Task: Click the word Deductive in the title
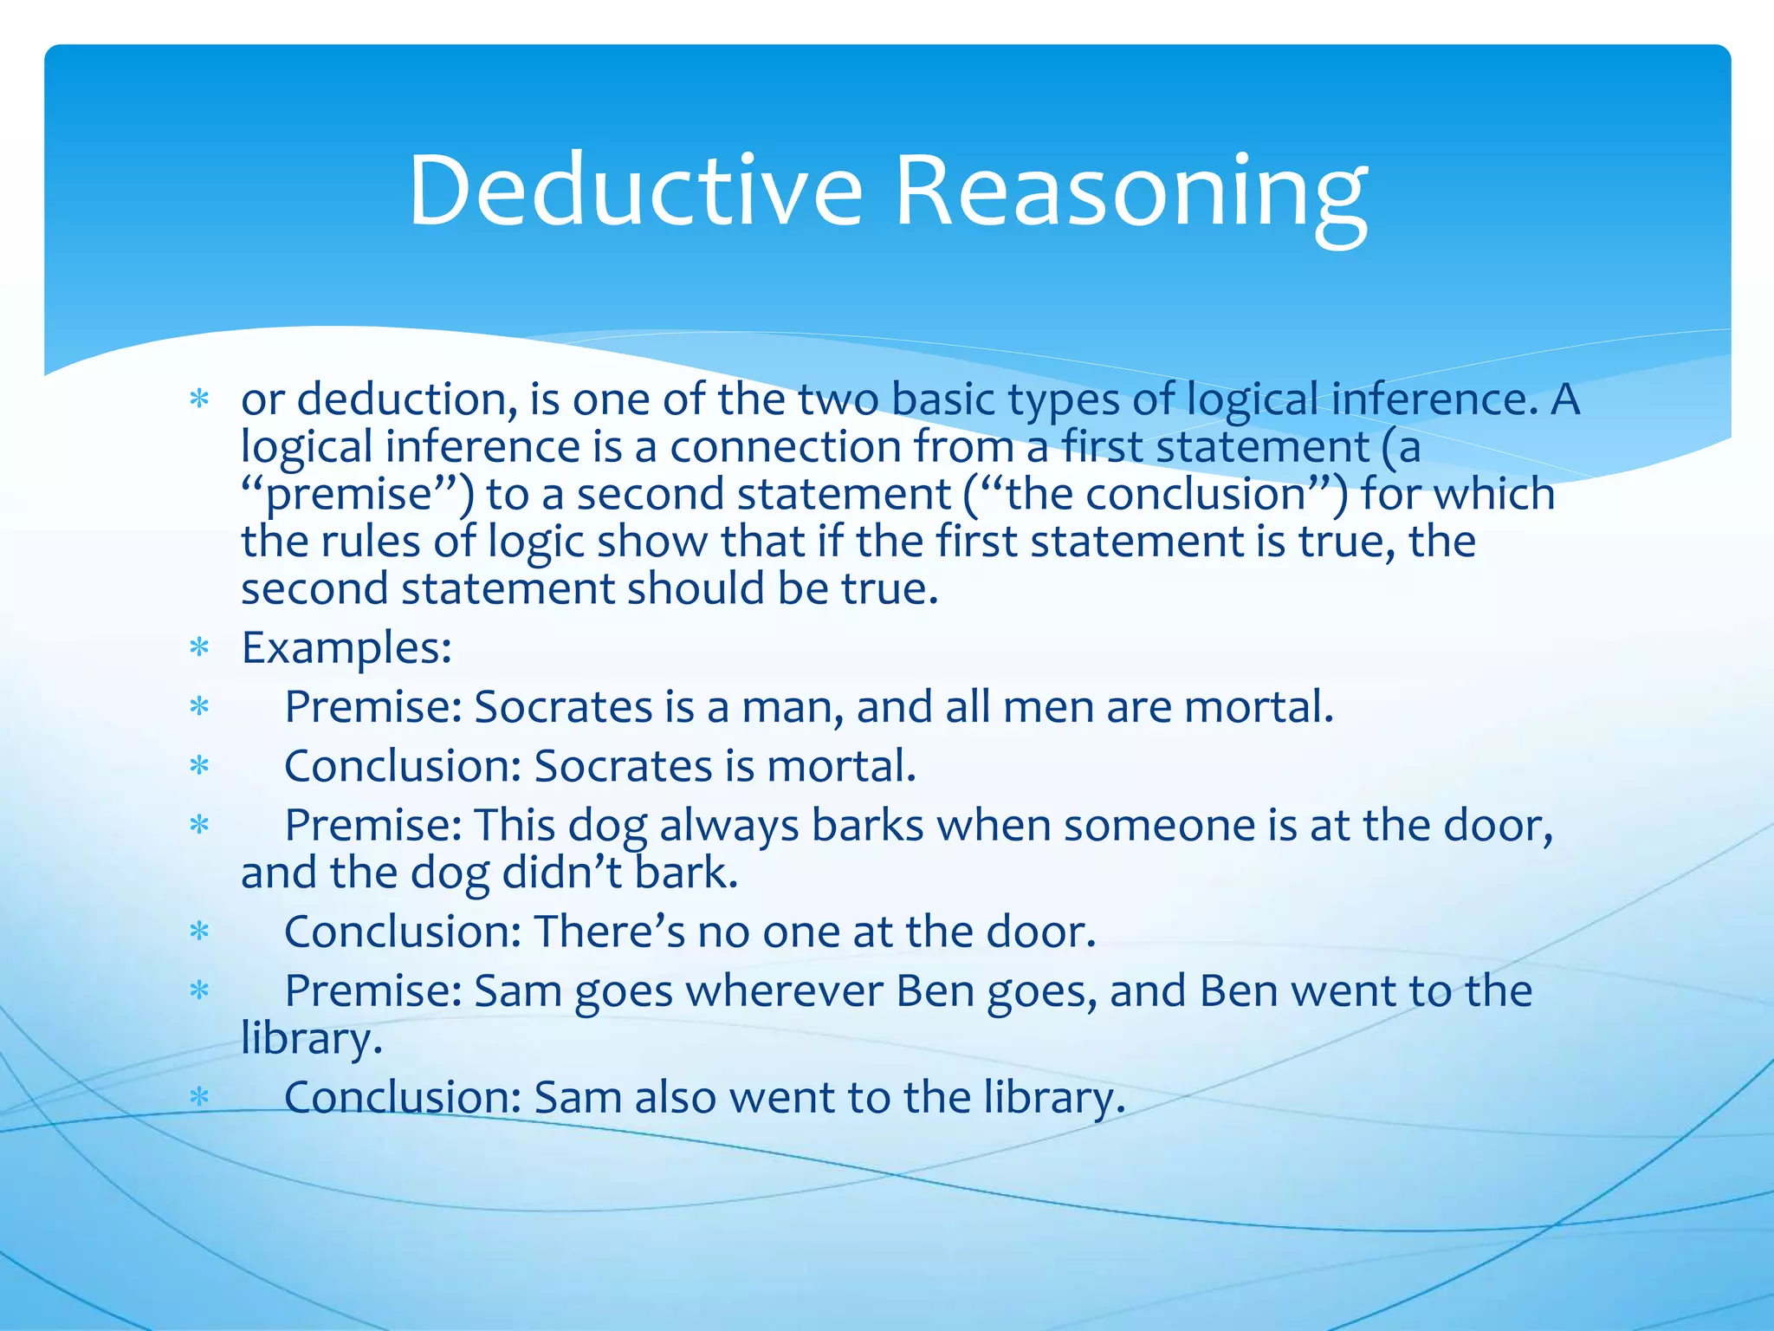click(636, 190)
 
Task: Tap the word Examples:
click(346, 647)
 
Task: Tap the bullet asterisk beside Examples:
click(200, 648)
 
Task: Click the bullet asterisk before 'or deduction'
click(200, 399)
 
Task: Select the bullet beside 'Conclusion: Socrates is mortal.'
click(200, 766)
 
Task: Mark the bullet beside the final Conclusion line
click(200, 1097)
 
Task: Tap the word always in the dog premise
click(728, 825)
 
